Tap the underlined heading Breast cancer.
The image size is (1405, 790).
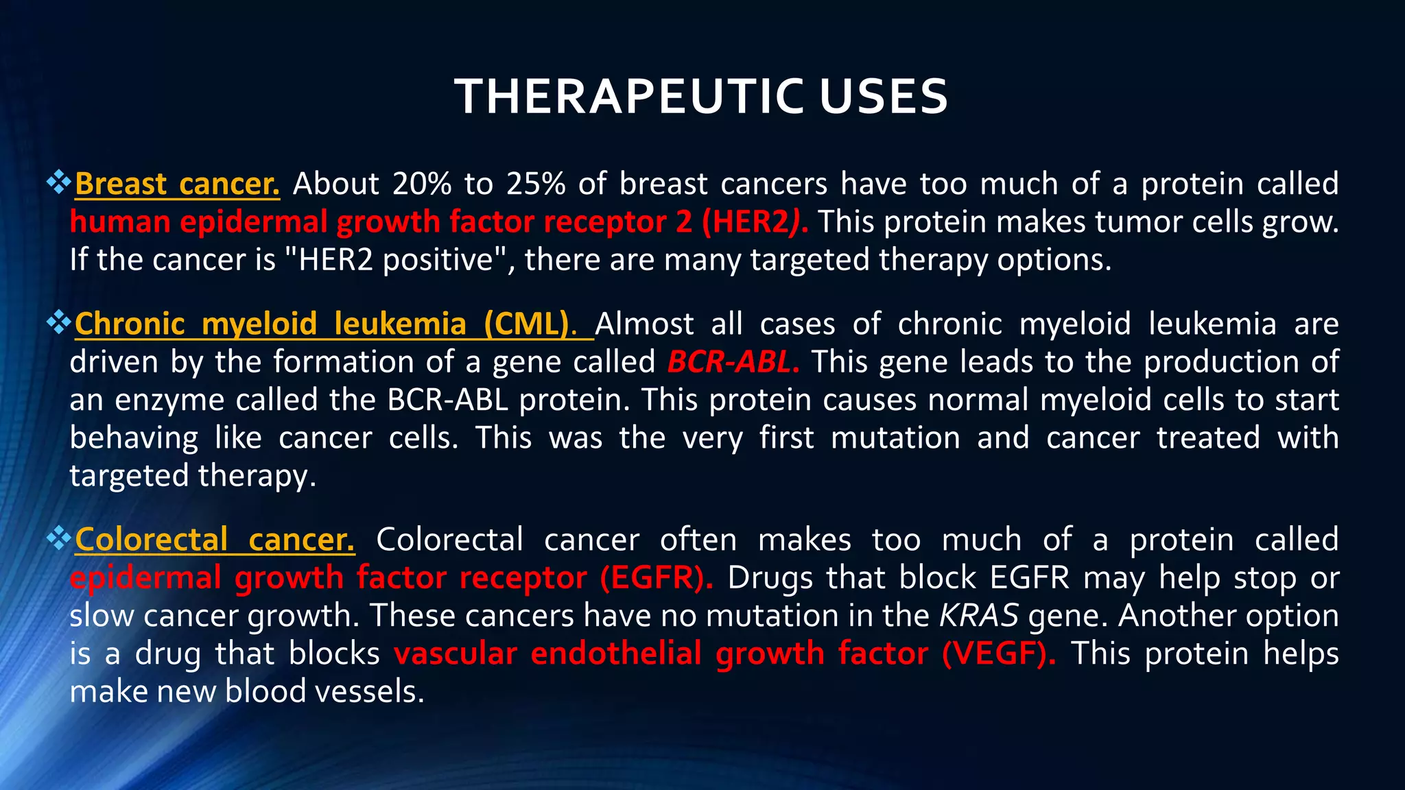click(177, 184)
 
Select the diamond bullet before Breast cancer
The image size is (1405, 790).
click(59, 182)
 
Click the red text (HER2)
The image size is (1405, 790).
click(754, 222)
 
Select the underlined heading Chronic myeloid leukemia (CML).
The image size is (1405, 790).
click(326, 324)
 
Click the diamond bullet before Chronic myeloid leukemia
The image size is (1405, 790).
click(59, 322)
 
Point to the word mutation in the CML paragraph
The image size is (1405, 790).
click(895, 438)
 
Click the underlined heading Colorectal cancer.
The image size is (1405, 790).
click(215, 540)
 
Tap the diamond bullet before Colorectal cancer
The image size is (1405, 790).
click(59, 538)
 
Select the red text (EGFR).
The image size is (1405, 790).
click(656, 578)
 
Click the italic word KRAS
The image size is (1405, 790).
click(978, 616)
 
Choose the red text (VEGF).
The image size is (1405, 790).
click(998, 654)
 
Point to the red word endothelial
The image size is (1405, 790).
click(616, 654)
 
